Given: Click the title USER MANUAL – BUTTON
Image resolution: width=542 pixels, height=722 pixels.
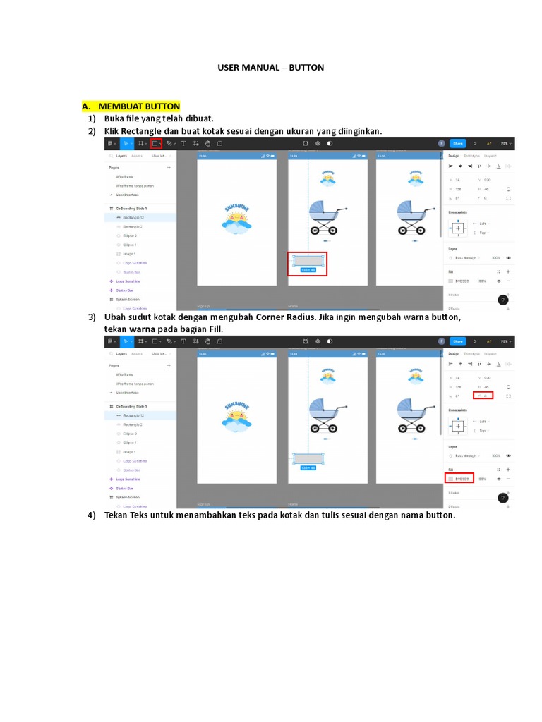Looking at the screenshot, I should tap(270, 68).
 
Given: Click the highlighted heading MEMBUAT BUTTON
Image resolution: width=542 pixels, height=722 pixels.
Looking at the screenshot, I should tap(139, 106).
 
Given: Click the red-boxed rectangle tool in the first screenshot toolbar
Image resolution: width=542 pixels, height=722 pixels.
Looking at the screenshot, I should tap(156, 143).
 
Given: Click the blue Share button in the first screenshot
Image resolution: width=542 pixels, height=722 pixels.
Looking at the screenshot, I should tap(457, 143).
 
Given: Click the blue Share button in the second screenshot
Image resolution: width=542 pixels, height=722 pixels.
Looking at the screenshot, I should tap(457, 341).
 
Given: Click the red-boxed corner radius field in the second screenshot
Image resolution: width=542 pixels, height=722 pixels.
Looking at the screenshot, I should tap(483, 396).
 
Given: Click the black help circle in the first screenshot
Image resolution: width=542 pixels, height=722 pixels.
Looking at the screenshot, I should tap(503, 300).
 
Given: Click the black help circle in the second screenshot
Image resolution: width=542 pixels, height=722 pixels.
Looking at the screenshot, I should tap(503, 498).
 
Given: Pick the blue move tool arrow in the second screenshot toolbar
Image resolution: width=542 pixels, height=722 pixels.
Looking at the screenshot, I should tap(126, 341).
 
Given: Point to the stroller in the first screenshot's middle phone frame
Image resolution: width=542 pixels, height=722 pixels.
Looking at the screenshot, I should tap(327, 216).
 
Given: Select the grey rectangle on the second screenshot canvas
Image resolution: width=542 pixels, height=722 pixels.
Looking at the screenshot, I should tap(308, 458).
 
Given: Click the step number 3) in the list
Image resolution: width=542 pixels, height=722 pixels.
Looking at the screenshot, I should tap(92, 317).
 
